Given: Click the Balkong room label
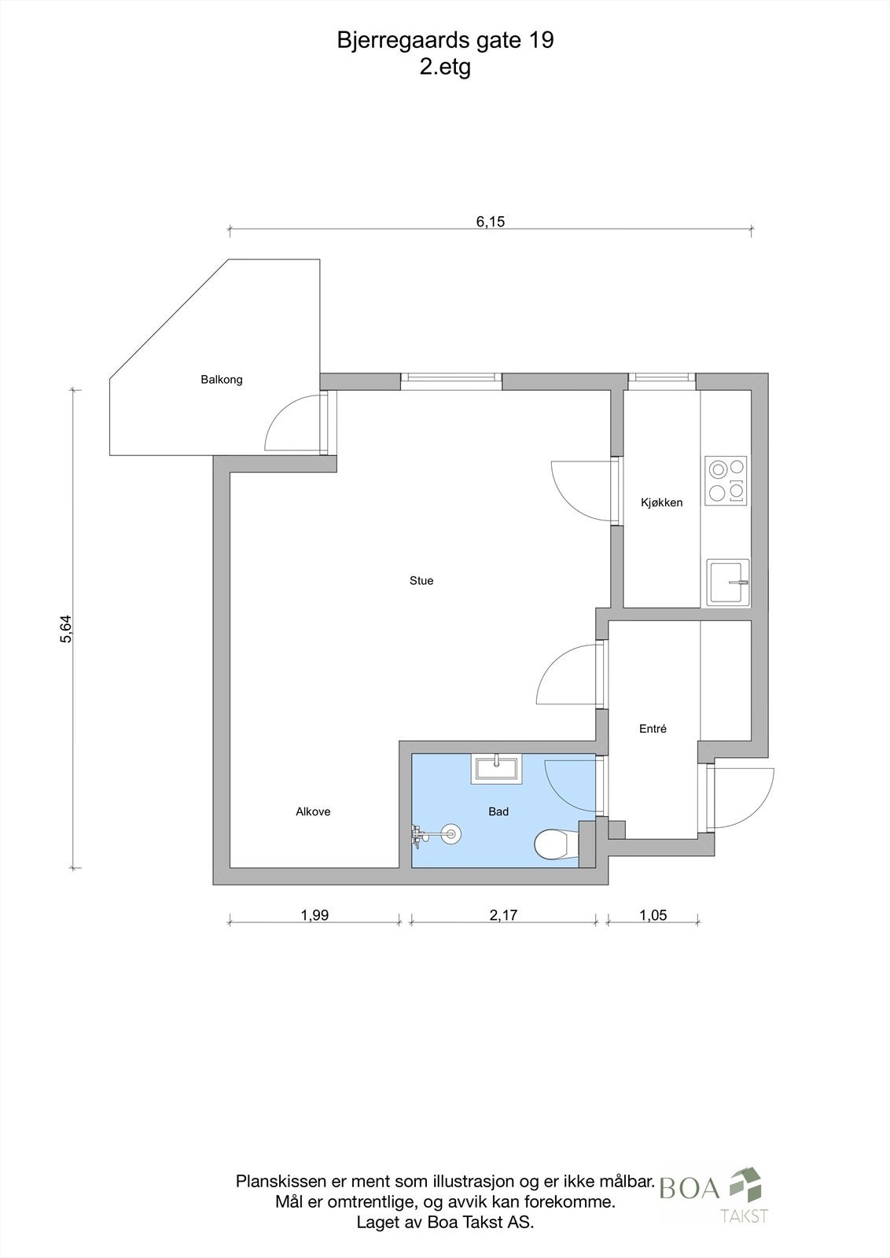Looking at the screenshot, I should [x=222, y=380].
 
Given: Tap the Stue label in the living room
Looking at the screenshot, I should [x=421, y=581].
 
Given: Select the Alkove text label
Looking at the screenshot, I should [x=313, y=811].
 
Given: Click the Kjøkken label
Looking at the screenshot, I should [x=661, y=502].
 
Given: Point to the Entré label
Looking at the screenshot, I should [x=653, y=729].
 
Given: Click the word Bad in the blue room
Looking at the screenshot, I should [x=498, y=811].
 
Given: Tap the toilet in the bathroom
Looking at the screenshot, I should [x=552, y=845].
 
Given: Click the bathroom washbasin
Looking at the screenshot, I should [x=496, y=769].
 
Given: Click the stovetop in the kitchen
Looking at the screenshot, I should [x=726, y=480].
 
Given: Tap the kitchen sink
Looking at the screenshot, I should [x=728, y=583].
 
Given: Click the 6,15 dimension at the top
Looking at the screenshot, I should [x=490, y=222].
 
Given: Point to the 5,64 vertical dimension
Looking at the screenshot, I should [x=66, y=629].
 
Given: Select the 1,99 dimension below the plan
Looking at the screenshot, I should [x=314, y=915].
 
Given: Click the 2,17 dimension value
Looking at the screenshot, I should [x=503, y=915].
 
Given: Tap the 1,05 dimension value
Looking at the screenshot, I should [x=653, y=915].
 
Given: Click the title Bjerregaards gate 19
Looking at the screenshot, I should [x=445, y=41].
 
